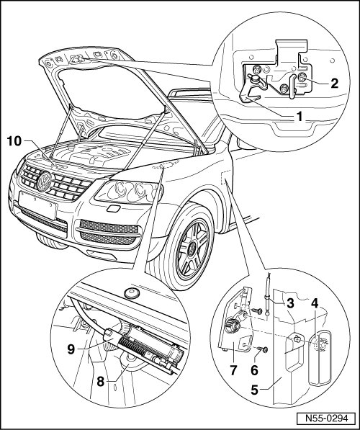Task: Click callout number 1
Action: point(300,117)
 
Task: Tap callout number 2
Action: point(334,83)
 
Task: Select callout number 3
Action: point(290,303)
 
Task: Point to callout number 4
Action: point(315,303)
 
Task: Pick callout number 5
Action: point(255,390)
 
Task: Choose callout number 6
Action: point(254,370)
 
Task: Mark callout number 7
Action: point(233,370)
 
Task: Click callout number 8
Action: point(101,382)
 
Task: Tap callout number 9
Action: point(71,349)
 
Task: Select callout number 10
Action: point(14,141)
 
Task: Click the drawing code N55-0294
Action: point(327,418)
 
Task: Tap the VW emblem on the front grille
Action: point(44,182)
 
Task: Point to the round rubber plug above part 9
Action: point(132,293)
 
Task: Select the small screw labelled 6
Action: point(264,349)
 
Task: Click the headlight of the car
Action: point(129,191)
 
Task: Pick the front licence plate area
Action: point(37,205)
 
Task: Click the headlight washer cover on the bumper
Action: point(113,209)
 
